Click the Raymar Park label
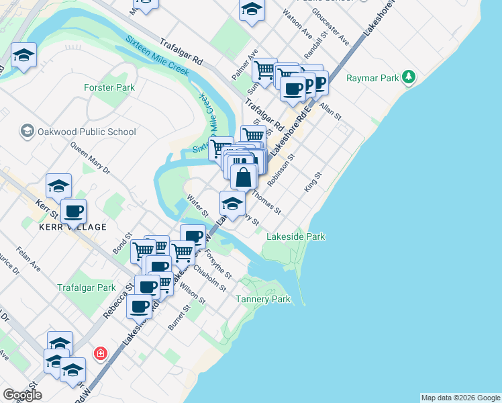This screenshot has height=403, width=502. click(372, 78)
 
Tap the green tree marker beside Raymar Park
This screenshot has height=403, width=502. click(409, 78)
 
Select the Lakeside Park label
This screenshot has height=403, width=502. click(296, 236)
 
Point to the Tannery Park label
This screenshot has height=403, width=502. click(266, 299)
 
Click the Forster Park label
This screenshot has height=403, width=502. click(109, 87)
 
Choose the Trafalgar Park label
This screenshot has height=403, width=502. click(87, 287)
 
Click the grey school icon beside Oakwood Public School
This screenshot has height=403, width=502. click(28, 130)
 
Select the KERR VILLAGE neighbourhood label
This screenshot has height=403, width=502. click(73, 227)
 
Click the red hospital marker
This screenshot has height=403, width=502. click(101, 353)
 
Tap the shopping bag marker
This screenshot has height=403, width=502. click(244, 177)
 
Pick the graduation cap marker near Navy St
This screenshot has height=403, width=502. click(232, 204)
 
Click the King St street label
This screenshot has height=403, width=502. click(313, 182)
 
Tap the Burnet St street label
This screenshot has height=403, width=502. click(176, 316)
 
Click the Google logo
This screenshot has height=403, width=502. click(22, 395)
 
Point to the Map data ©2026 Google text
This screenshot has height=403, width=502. click(460, 398)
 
